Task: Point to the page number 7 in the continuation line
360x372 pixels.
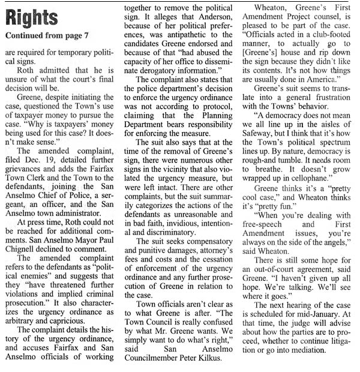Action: coord(85,35)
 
